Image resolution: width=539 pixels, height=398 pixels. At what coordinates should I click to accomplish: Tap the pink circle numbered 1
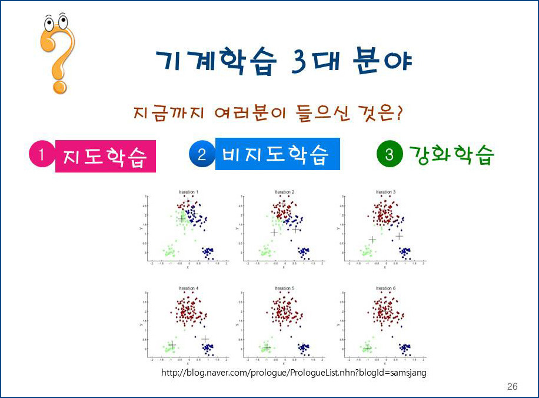[41, 155]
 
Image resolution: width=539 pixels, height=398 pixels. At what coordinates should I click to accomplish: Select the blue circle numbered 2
[201, 155]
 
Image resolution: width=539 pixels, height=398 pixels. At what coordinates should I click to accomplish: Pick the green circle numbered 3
[389, 155]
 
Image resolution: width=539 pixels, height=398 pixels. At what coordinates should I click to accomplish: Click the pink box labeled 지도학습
[105, 156]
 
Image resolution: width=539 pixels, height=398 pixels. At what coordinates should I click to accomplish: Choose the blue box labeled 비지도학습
[277, 154]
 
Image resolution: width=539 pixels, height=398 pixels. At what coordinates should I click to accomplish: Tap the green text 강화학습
[451, 155]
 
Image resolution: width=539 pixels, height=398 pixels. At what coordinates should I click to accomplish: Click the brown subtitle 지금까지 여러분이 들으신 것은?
[268, 112]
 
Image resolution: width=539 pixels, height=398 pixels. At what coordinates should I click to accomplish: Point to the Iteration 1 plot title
[188, 193]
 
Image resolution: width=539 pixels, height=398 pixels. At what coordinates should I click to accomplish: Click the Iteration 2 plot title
[285, 193]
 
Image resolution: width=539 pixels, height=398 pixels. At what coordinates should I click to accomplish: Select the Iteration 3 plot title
[386, 193]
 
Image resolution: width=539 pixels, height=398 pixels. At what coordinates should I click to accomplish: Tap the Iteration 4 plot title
[188, 288]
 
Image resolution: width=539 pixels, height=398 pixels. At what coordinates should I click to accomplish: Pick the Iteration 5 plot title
[285, 288]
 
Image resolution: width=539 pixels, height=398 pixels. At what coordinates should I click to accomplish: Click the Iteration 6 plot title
[386, 288]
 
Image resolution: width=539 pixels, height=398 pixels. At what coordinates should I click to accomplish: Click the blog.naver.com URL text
[294, 373]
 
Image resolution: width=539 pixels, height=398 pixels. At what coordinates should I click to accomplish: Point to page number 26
[512, 387]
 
